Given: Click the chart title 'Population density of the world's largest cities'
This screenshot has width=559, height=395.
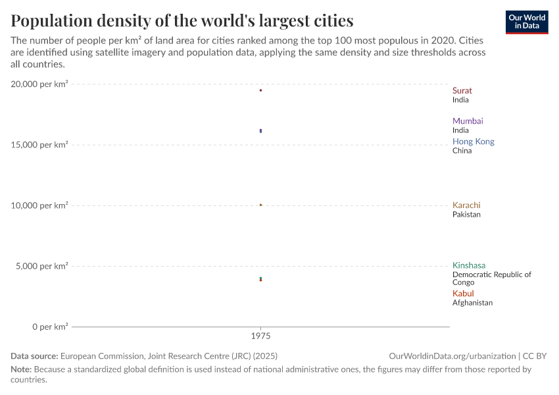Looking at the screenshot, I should point(182,20).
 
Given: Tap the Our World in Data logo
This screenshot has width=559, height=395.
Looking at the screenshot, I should point(526,22).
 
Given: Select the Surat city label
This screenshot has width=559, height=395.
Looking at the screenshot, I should point(462,91).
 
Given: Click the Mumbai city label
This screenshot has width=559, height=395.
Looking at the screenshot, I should point(467,121).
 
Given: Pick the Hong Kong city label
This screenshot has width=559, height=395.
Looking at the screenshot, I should point(473,142).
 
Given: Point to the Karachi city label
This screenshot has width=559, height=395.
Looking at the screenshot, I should point(466,205).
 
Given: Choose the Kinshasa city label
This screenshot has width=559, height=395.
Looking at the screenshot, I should point(468,266).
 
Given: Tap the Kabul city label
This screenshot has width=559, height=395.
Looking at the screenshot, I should point(463,294).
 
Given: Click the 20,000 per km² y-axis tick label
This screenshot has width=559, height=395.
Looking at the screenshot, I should point(39,84).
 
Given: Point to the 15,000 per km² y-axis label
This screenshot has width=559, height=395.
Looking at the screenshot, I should point(39,145).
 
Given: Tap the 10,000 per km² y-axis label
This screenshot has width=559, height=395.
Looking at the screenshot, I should point(39,205).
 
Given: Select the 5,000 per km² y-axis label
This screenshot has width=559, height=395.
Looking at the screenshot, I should point(41,266).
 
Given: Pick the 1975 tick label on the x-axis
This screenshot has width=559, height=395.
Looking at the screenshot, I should point(261,336).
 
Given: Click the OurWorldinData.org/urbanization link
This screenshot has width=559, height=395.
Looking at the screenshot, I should point(452,356).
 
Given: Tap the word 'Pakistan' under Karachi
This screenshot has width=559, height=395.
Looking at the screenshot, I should point(466,215).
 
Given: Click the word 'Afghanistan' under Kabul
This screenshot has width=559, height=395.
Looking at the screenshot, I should point(472,303).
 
